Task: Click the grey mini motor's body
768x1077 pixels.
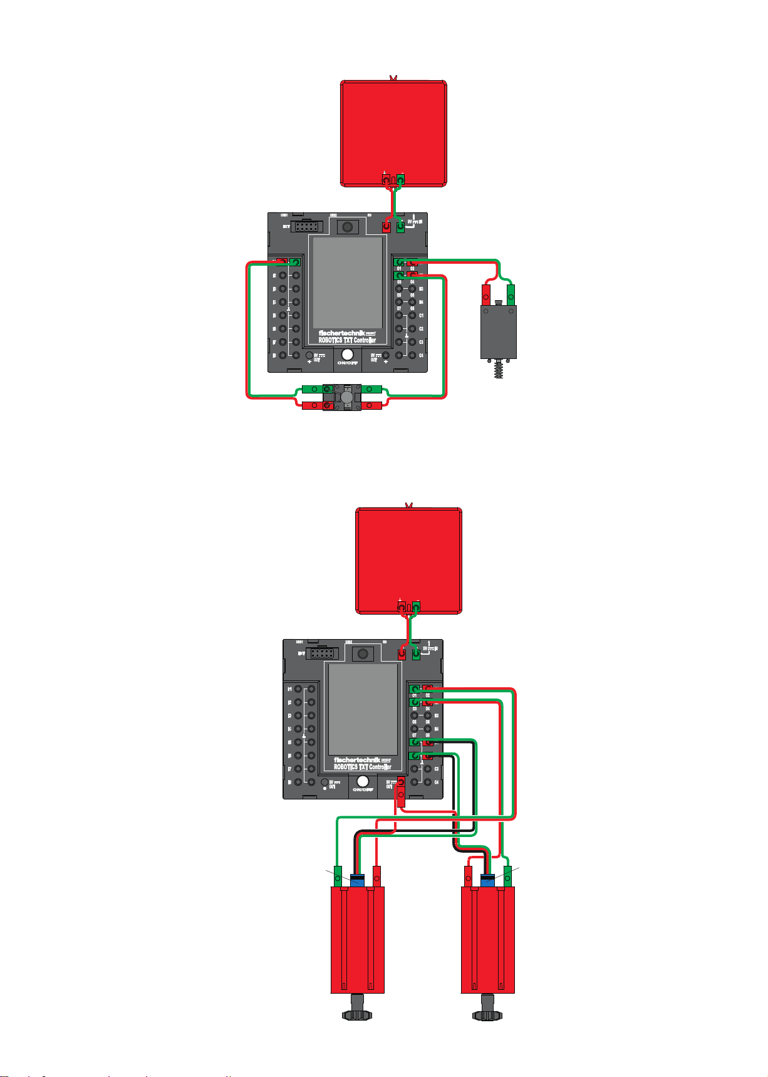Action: tap(498, 331)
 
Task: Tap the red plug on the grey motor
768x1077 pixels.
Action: tap(485, 294)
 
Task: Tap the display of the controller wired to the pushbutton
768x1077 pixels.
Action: tap(346, 283)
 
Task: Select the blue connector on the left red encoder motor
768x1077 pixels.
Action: tap(358, 880)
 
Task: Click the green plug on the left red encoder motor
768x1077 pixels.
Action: tap(338, 876)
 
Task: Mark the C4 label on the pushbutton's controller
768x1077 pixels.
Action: tap(422, 355)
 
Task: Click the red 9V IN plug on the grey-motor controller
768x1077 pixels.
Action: tap(387, 227)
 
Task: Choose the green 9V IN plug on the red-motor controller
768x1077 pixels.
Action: tap(415, 654)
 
